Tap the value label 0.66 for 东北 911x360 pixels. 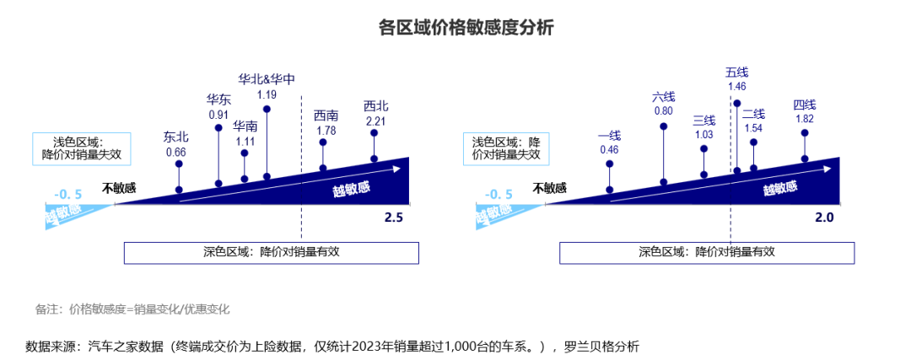tap(175, 153)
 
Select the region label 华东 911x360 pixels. tap(218, 100)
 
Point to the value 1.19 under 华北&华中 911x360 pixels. tap(267, 95)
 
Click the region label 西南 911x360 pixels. tap(326, 116)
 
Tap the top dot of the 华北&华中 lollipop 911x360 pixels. tap(267, 109)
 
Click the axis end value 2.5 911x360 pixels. tap(394, 218)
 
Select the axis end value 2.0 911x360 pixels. tap(824, 218)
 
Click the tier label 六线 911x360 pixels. tap(663, 97)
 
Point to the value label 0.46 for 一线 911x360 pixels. tap(609, 149)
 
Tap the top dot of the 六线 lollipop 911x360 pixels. tap(664, 126)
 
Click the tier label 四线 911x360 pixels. tap(805, 105)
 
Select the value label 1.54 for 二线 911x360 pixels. tap(753, 128)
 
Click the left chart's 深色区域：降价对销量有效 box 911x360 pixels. tap(271, 251)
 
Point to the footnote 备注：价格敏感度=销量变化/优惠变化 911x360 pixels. tap(132, 309)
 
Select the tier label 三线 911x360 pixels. tap(703, 121)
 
